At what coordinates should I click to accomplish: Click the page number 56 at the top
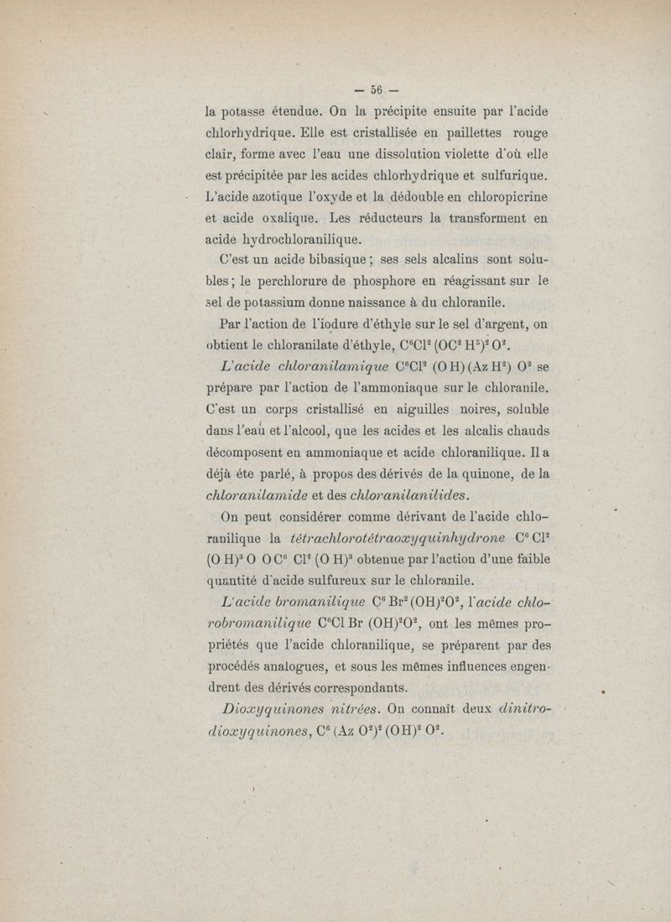pos(375,89)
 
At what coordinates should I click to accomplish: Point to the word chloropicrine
pos(496,197)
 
